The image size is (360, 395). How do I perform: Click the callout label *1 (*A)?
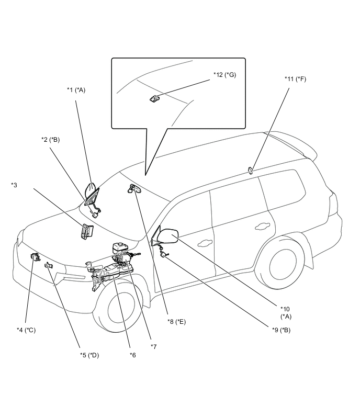coord(76,90)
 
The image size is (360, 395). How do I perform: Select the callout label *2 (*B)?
coord(51,140)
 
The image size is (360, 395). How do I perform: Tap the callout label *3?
coord(14,185)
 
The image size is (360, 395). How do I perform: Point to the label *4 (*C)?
coord(26,330)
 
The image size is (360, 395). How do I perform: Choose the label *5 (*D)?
coord(89,355)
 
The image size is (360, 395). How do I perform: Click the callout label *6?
coord(133,355)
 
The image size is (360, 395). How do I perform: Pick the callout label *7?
coord(154,347)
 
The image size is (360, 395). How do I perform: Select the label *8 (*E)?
coord(177,322)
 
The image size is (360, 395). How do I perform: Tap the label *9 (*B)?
coord(281,330)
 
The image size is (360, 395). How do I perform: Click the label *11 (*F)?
coord(295,79)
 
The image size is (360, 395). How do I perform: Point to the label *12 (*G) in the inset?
coord(224,75)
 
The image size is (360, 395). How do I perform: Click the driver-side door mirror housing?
coord(168,236)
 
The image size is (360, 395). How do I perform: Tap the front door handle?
coord(205,243)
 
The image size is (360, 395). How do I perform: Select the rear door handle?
coord(262,227)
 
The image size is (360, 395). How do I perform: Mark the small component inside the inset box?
coord(154,99)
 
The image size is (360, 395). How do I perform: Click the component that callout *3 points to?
coord(87,232)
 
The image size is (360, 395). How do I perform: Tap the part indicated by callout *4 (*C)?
coord(35,257)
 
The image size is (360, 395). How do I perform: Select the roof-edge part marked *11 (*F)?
coord(250,171)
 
